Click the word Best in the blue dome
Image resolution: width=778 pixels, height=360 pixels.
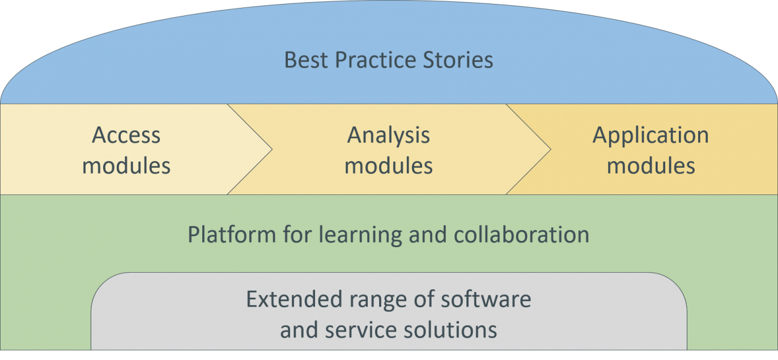click(x=305, y=60)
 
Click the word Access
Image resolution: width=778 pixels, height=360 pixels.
click(x=126, y=135)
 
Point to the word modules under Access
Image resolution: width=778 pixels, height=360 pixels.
click(x=126, y=166)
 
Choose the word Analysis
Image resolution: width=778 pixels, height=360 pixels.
click(x=389, y=136)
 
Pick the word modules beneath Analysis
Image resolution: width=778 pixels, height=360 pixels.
click(x=389, y=166)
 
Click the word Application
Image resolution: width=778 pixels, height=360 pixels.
click(x=651, y=136)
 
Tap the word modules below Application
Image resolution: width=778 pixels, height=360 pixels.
click(x=651, y=166)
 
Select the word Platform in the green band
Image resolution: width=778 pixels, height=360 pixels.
click(x=232, y=234)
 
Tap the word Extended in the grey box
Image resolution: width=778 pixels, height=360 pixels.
click(x=294, y=299)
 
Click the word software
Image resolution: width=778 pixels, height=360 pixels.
click(x=486, y=299)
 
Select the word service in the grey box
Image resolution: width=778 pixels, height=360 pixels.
click(x=360, y=330)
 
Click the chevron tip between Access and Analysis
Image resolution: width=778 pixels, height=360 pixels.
click(x=273, y=150)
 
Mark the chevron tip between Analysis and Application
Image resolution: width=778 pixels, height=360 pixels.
click(x=551, y=150)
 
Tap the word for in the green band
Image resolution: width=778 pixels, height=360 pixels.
click(x=297, y=234)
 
